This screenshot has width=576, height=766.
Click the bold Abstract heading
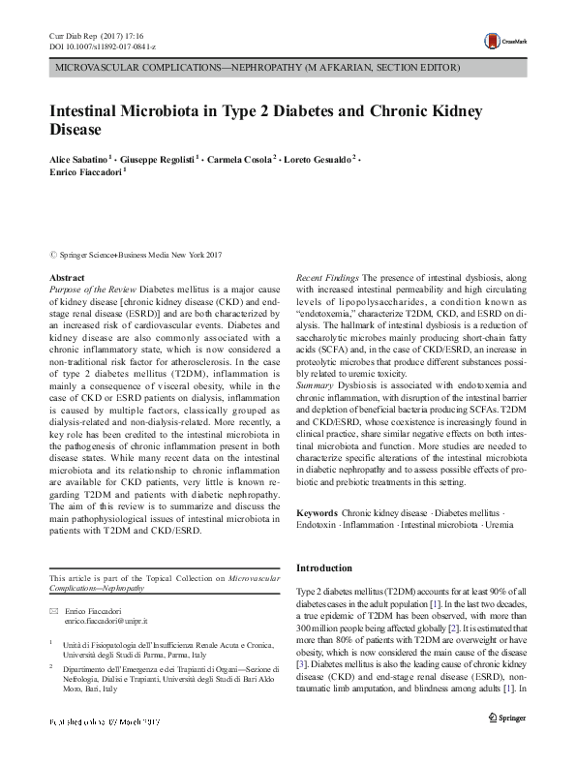tap(67, 278)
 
